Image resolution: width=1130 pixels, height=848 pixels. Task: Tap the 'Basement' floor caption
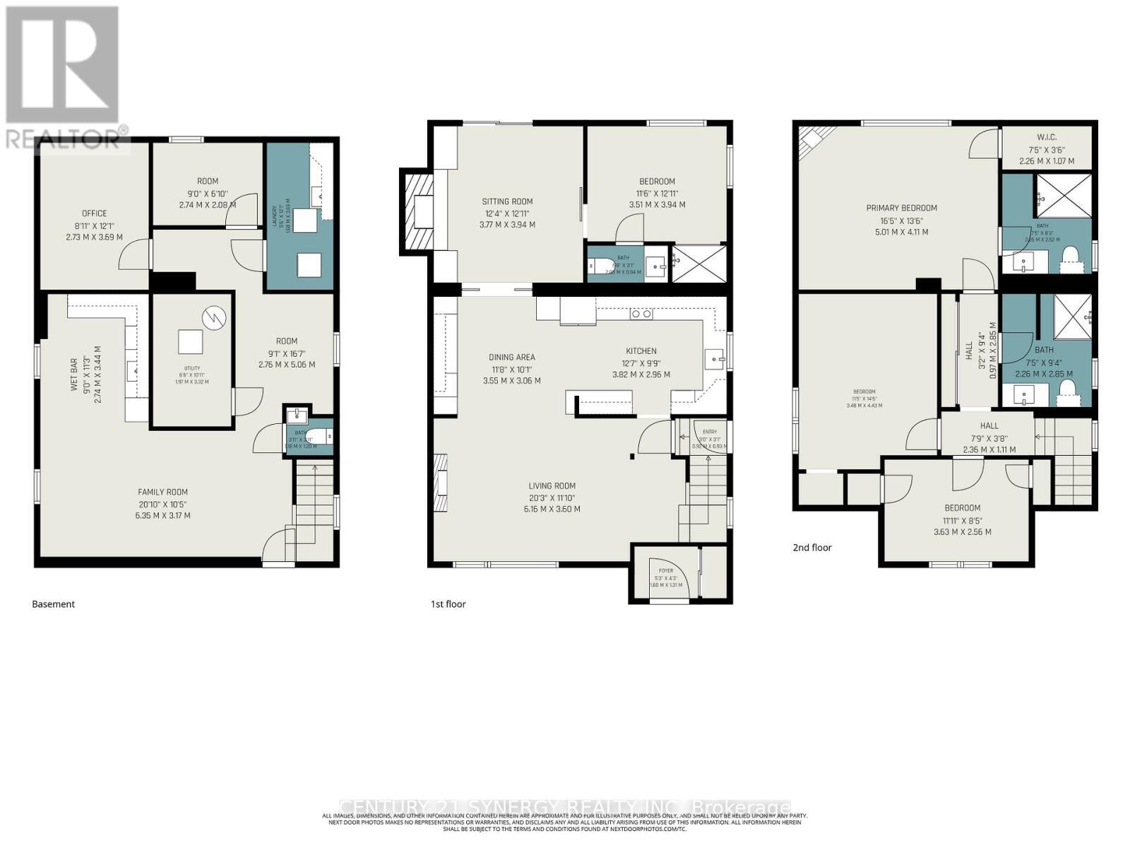[x=53, y=604]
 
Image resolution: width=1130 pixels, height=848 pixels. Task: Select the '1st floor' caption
[x=448, y=604]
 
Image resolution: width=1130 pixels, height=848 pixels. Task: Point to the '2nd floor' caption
[x=811, y=548]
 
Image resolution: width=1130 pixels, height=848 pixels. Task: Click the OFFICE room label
[x=94, y=213]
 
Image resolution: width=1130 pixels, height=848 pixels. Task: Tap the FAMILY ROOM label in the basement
[x=162, y=493]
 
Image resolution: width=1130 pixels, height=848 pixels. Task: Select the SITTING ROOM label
[x=507, y=201]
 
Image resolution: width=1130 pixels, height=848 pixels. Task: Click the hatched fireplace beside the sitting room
[x=416, y=211]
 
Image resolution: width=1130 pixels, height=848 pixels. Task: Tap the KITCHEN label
[x=641, y=351]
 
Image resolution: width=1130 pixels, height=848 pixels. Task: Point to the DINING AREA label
[x=511, y=358]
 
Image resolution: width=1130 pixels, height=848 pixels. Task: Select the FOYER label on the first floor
[x=666, y=571]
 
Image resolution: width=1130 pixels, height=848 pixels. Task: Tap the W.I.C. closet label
[x=1046, y=137]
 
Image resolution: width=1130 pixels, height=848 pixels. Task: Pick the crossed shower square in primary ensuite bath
[x=1063, y=195]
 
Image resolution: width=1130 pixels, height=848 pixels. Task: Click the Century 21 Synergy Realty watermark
[x=565, y=807]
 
